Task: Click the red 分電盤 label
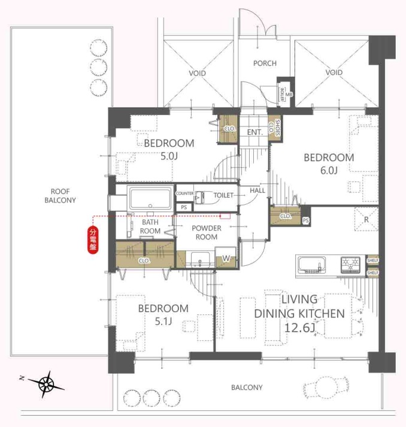[x=93, y=240]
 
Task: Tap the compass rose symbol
[x=46, y=384]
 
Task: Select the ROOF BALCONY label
[x=60, y=196]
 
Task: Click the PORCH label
[x=265, y=63]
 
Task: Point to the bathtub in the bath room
[x=150, y=198]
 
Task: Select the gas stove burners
[x=351, y=265]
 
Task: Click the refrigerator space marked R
[x=366, y=219]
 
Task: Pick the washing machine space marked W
[x=226, y=258]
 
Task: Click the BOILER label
[x=282, y=94]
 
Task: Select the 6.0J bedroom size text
[x=329, y=171]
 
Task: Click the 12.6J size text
[x=299, y=328]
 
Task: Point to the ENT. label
[x=255, y=132]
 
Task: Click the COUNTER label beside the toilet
[x=184, y=193]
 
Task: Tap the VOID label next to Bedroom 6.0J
[x=334, y=72]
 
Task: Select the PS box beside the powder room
[x=184, y=207]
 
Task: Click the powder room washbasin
[x=200, y=259]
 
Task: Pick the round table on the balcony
[x=326, y=386]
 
